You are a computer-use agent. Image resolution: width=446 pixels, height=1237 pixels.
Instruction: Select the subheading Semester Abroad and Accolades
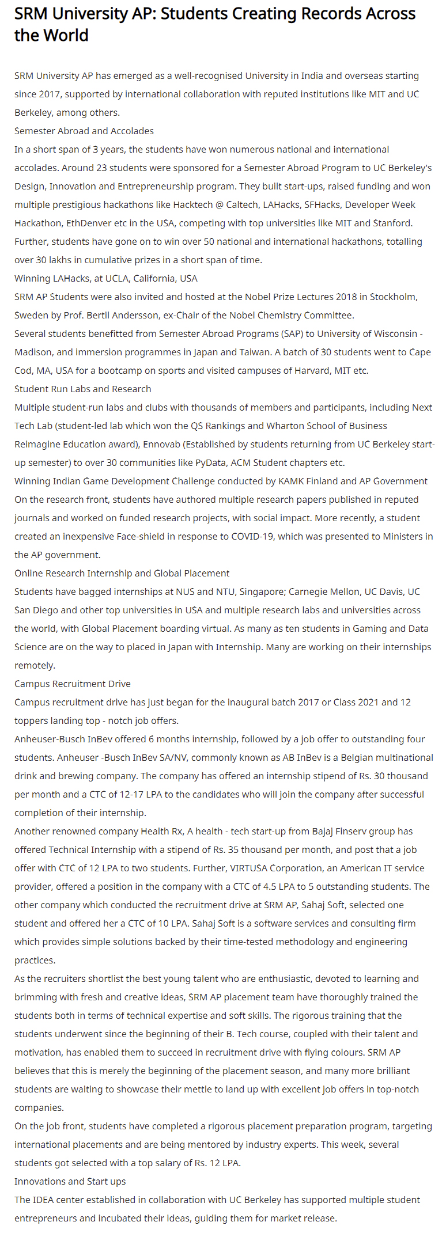84,131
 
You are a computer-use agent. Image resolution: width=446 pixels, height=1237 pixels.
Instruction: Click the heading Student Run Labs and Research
83,389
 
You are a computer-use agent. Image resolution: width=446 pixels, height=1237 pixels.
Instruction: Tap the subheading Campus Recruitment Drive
73,684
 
